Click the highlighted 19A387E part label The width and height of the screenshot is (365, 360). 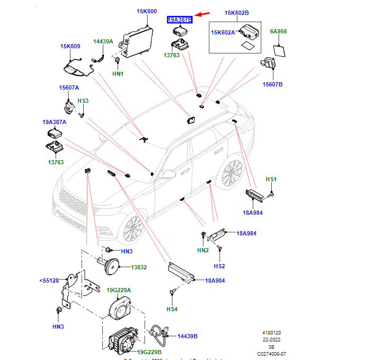tap(180, 20)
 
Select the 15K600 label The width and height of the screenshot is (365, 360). tap(147, 12)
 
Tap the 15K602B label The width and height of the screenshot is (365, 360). tap(236, 13)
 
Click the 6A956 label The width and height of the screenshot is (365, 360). tap(278, 32)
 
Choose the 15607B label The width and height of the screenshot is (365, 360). tap(273, 84)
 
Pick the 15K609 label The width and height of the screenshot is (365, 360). tap(70, 46)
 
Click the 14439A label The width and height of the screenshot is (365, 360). tap(103, 41)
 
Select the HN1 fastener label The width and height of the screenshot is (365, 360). tap(117, 74)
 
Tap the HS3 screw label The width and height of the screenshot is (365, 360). tap(83, 101)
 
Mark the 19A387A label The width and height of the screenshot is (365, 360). tap(54, 122)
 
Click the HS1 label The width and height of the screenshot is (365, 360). tap(271, 180)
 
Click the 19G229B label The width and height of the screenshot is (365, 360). tap(149, 352)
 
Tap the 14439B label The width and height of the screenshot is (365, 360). tap(187, 336)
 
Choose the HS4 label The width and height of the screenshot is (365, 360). tap(172, 309)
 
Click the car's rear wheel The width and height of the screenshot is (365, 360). tap(232, 172)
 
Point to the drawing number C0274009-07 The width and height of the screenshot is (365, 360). tap(272, 354)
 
